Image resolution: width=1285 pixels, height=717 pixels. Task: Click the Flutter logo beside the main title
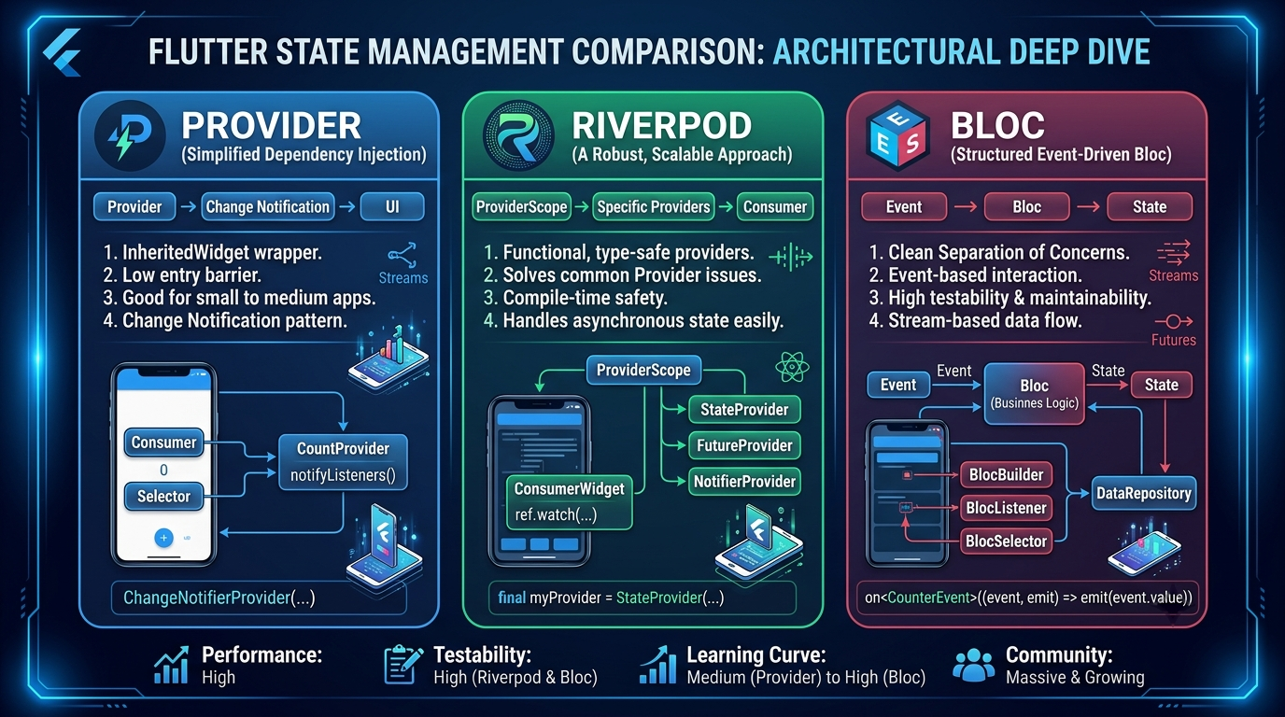(64, 53)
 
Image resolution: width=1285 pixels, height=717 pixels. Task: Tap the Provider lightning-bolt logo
(130, 136)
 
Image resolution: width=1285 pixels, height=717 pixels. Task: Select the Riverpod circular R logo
(518, 136)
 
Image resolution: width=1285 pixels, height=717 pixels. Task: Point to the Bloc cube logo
(897, 136)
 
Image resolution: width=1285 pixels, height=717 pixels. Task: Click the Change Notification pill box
(268, 206)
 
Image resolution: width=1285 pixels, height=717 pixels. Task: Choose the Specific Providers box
(654, 206)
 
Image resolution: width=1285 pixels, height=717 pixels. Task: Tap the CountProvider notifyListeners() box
(343, 462)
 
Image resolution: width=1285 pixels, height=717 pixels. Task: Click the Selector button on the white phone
(163, 496)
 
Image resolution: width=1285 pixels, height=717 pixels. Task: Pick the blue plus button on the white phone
(163, 538)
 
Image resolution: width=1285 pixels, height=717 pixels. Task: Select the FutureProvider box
(744, 445)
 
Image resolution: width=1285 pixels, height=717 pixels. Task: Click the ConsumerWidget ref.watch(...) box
(569, 501)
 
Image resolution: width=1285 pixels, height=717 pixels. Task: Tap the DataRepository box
(1143, 493)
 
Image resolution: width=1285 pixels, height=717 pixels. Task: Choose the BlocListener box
(1006, 508)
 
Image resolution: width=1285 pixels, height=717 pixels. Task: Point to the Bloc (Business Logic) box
(1035, 393)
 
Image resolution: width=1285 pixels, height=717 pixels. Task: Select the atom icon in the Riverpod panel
(792, 367)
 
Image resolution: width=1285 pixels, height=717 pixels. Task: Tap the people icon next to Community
(973, 666)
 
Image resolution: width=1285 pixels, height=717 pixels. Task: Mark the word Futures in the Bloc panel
(1174, 340)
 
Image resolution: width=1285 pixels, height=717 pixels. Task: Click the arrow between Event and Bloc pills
(966, 206)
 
